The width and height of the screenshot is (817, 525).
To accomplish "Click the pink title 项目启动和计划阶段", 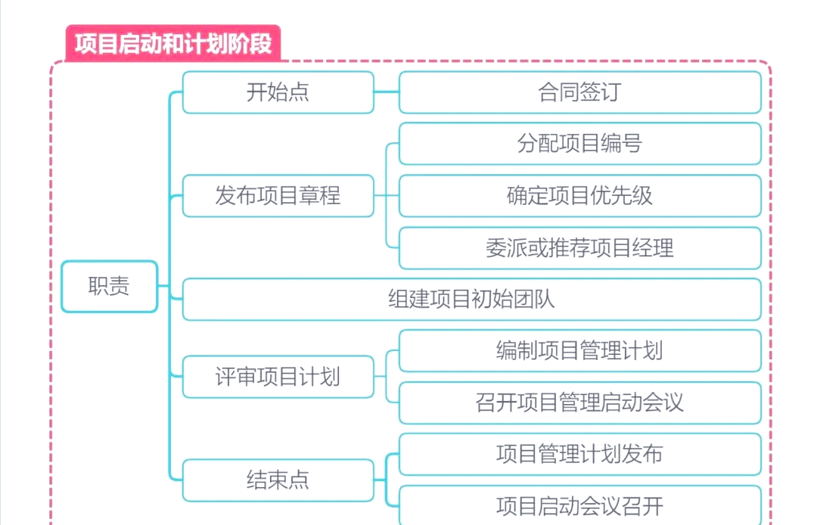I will tap(173, 43).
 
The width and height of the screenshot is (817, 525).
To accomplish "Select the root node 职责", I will tap(109, 286).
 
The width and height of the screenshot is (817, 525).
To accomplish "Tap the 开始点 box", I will tap(278, 92).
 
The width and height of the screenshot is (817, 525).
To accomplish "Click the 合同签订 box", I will tap(579, 92).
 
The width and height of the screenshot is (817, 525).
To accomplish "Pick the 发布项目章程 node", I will tap(278, 196).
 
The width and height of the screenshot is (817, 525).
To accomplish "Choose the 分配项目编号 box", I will tap(579, 144).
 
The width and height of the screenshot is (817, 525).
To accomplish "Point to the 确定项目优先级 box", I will tap(579, 196).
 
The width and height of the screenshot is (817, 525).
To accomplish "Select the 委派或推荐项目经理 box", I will tap(579, 247).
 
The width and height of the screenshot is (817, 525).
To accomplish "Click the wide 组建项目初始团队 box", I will tap(471, 299).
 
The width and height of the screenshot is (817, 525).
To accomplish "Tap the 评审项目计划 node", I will tap(278, 376).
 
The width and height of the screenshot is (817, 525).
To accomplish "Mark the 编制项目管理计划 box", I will tap(579, 350).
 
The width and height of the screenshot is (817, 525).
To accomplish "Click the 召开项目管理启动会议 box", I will tap(579, 402).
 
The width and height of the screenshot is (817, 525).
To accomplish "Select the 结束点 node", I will tap(278, 480).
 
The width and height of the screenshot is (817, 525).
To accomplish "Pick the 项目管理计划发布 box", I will tap(579, 454).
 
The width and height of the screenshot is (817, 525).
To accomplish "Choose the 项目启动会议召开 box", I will tap(579, 505).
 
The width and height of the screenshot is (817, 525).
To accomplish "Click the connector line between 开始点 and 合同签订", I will tap(387, 92).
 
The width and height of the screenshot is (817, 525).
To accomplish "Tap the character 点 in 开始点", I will tap(300, 92).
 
